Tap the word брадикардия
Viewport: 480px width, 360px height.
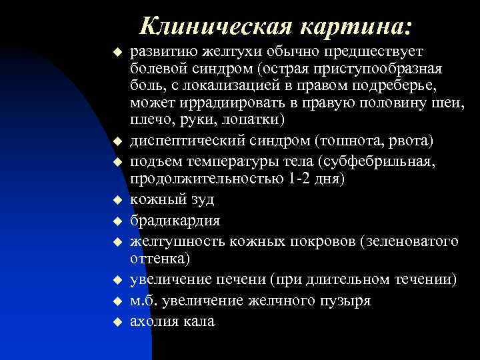(175, 220)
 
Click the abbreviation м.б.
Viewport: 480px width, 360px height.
(145, 301)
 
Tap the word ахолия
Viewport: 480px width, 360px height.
(155, 321)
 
